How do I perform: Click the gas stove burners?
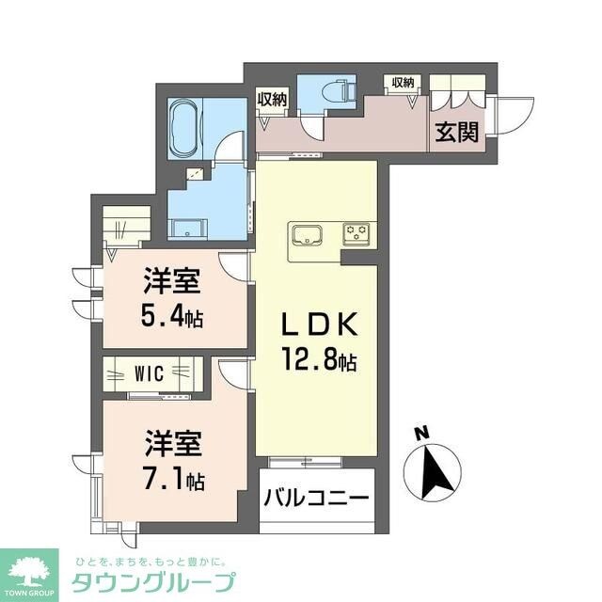click(357, 231)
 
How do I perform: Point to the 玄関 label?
click(455, 133)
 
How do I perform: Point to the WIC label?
click(149, 373)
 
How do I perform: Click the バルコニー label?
click(317, 496)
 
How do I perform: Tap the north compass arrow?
click(434, 471)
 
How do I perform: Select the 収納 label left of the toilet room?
click(272, 97)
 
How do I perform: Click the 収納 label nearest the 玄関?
click(404, 83)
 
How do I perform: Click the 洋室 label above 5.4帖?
click(170, 279)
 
